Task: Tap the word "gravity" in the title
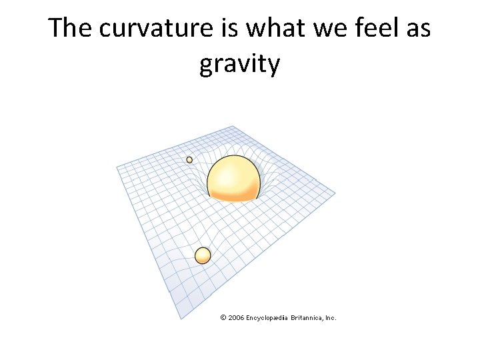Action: tap(239, 65)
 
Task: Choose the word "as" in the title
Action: tap(416, 29)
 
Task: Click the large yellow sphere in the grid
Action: tap(233, 178)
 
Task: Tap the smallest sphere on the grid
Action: tap(189, 160)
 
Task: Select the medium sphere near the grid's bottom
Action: tap(203, 255)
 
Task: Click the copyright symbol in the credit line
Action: tap(223, 318)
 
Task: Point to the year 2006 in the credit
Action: tap(236, 318)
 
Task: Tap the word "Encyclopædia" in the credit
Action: tap(267, 318)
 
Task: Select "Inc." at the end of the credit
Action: tap(330, 318)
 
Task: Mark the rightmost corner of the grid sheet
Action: tap(335, 194)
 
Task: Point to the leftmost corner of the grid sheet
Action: tap(117, 165)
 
